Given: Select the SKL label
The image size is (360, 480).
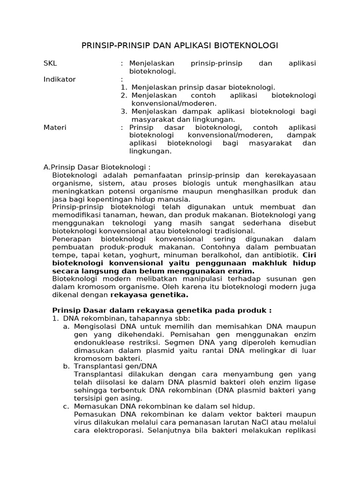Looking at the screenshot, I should (50, 63).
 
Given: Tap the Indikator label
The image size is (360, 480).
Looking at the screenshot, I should (60, 79).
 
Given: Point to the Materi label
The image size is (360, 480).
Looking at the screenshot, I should (55, 127).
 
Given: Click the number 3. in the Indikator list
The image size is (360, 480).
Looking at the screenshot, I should (124, 112).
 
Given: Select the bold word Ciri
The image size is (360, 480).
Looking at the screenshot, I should (309, 255).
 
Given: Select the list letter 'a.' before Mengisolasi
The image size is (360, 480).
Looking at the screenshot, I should (66, 326).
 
